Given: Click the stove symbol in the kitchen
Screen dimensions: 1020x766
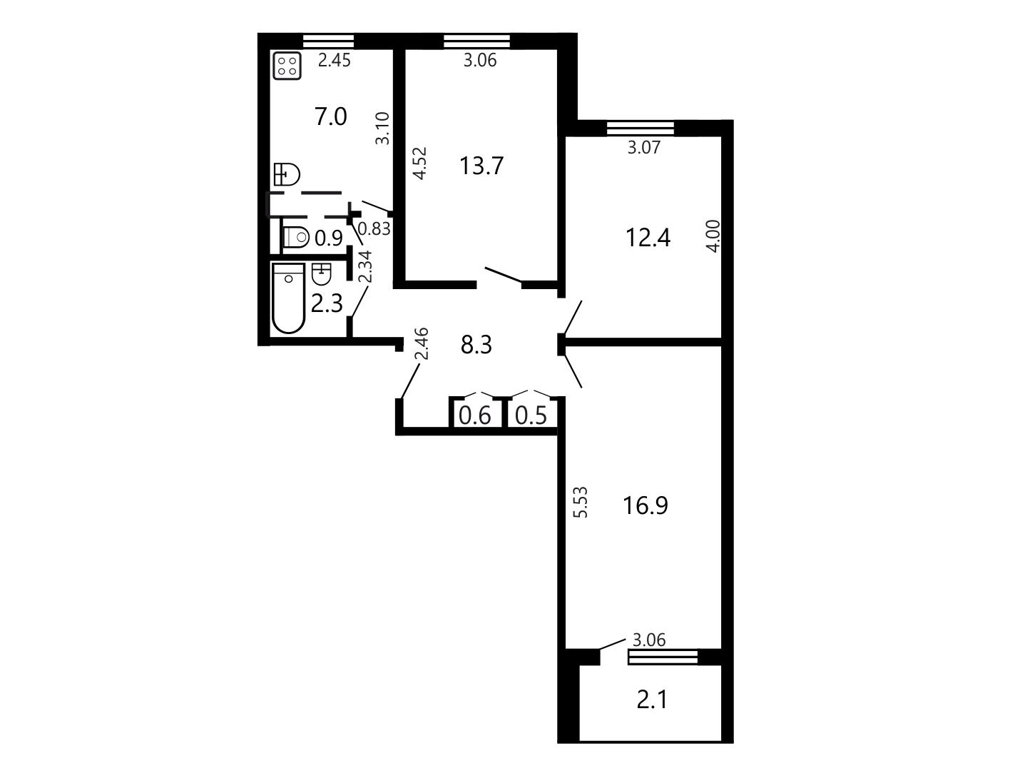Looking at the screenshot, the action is pos(287,66).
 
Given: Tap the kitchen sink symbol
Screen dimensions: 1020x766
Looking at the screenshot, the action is pos(287,174).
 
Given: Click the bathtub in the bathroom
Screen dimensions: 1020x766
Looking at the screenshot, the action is pos(289,298).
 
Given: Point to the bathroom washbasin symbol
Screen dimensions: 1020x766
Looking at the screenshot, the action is pos(321,274).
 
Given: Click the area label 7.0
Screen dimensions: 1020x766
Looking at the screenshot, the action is pos(331,117).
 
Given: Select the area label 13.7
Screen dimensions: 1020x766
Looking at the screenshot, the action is pos(481,166).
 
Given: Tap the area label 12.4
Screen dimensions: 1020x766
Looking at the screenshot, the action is pos(648,238).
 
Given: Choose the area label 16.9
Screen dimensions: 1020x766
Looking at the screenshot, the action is pos(645,505).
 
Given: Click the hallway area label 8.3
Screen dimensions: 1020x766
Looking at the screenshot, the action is pos(476,346).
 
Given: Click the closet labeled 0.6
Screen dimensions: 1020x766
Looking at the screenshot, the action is pos(474,415).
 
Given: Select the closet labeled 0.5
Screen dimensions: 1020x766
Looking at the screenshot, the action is pos(531,415).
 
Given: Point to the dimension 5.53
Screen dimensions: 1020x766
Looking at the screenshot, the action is pos(581,503).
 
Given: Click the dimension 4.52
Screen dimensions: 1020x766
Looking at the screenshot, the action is pos(419,163).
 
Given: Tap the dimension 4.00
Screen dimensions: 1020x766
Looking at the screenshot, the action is pos(713,236).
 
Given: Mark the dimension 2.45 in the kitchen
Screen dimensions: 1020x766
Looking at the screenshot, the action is pos(334,61).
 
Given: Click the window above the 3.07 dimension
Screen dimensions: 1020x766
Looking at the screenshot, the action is pos(640,128).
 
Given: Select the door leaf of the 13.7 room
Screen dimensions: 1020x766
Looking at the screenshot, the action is pos(504,274).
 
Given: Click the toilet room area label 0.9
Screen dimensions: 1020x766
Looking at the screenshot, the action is pos(329,238).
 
